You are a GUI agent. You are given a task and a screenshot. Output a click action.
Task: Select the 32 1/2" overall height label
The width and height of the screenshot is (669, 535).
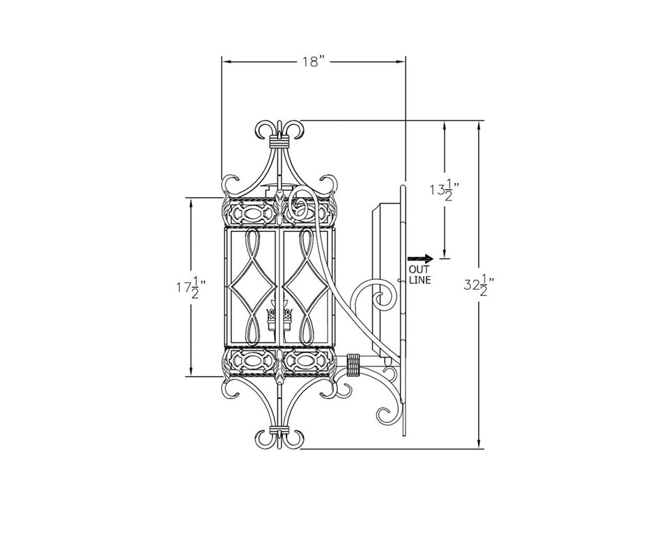479,284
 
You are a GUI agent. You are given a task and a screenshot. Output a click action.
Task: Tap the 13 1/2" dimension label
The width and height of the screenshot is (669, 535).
445,189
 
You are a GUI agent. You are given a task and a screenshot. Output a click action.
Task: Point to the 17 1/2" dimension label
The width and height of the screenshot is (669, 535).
192,288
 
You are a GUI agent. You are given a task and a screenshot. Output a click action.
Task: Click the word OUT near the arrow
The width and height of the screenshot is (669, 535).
420,270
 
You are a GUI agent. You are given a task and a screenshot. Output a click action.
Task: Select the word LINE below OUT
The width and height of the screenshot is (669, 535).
420,280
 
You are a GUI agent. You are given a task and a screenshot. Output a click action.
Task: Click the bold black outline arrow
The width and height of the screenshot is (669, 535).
420,258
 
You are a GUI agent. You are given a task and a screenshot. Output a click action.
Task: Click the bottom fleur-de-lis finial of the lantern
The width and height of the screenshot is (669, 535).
279,437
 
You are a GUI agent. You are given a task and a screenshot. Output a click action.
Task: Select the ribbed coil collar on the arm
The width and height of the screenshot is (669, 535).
353,365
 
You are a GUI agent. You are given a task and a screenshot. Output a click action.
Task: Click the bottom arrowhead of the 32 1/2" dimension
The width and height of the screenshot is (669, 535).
479,444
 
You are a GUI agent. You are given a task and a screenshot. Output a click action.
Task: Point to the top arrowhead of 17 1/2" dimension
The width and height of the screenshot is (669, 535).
191,203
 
